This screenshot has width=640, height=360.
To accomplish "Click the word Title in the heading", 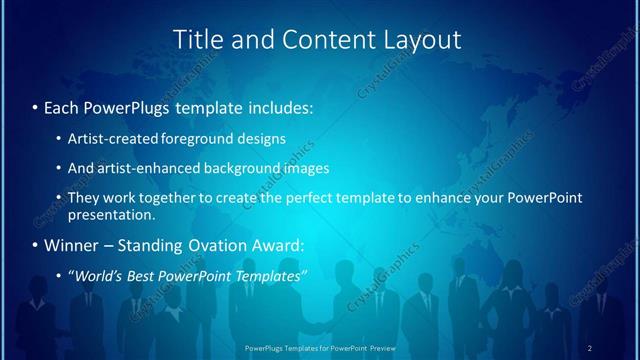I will pos(198,40).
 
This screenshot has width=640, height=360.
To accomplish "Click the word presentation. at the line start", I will pos(111,214).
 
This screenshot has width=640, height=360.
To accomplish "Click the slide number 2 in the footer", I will pos(590,347).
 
